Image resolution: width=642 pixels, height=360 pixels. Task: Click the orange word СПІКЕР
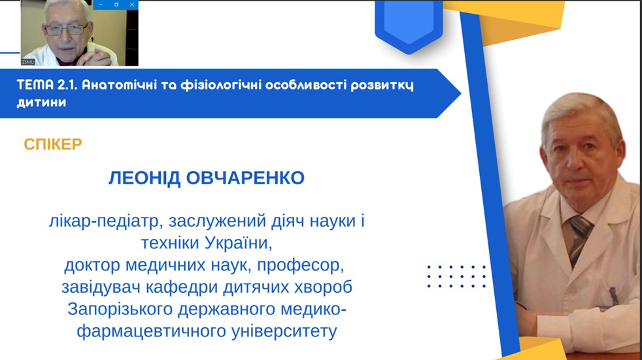(53, 144)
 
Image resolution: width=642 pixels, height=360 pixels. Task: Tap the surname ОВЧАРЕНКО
(245, 178)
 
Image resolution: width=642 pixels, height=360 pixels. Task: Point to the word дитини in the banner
(41, 103)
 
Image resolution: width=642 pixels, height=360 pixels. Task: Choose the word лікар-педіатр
(103, 221)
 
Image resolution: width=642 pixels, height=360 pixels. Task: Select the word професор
(300, 265)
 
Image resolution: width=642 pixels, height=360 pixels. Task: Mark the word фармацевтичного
(152, 331)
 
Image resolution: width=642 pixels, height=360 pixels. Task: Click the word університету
(284, 331)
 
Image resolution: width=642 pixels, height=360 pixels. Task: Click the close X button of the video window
(132, 5)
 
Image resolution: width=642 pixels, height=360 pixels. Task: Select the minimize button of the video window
(101, 5)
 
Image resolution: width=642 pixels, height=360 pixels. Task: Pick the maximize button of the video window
(116, 5)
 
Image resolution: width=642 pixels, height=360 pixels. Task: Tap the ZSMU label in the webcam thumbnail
(28, 62)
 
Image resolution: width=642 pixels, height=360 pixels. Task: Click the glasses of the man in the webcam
(66, 29)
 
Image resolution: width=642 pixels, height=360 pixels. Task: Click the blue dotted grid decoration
(456, 276)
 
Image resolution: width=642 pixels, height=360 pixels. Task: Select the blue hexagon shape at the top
(409, 25)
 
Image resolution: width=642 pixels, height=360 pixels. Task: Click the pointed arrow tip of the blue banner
(460, 93)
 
